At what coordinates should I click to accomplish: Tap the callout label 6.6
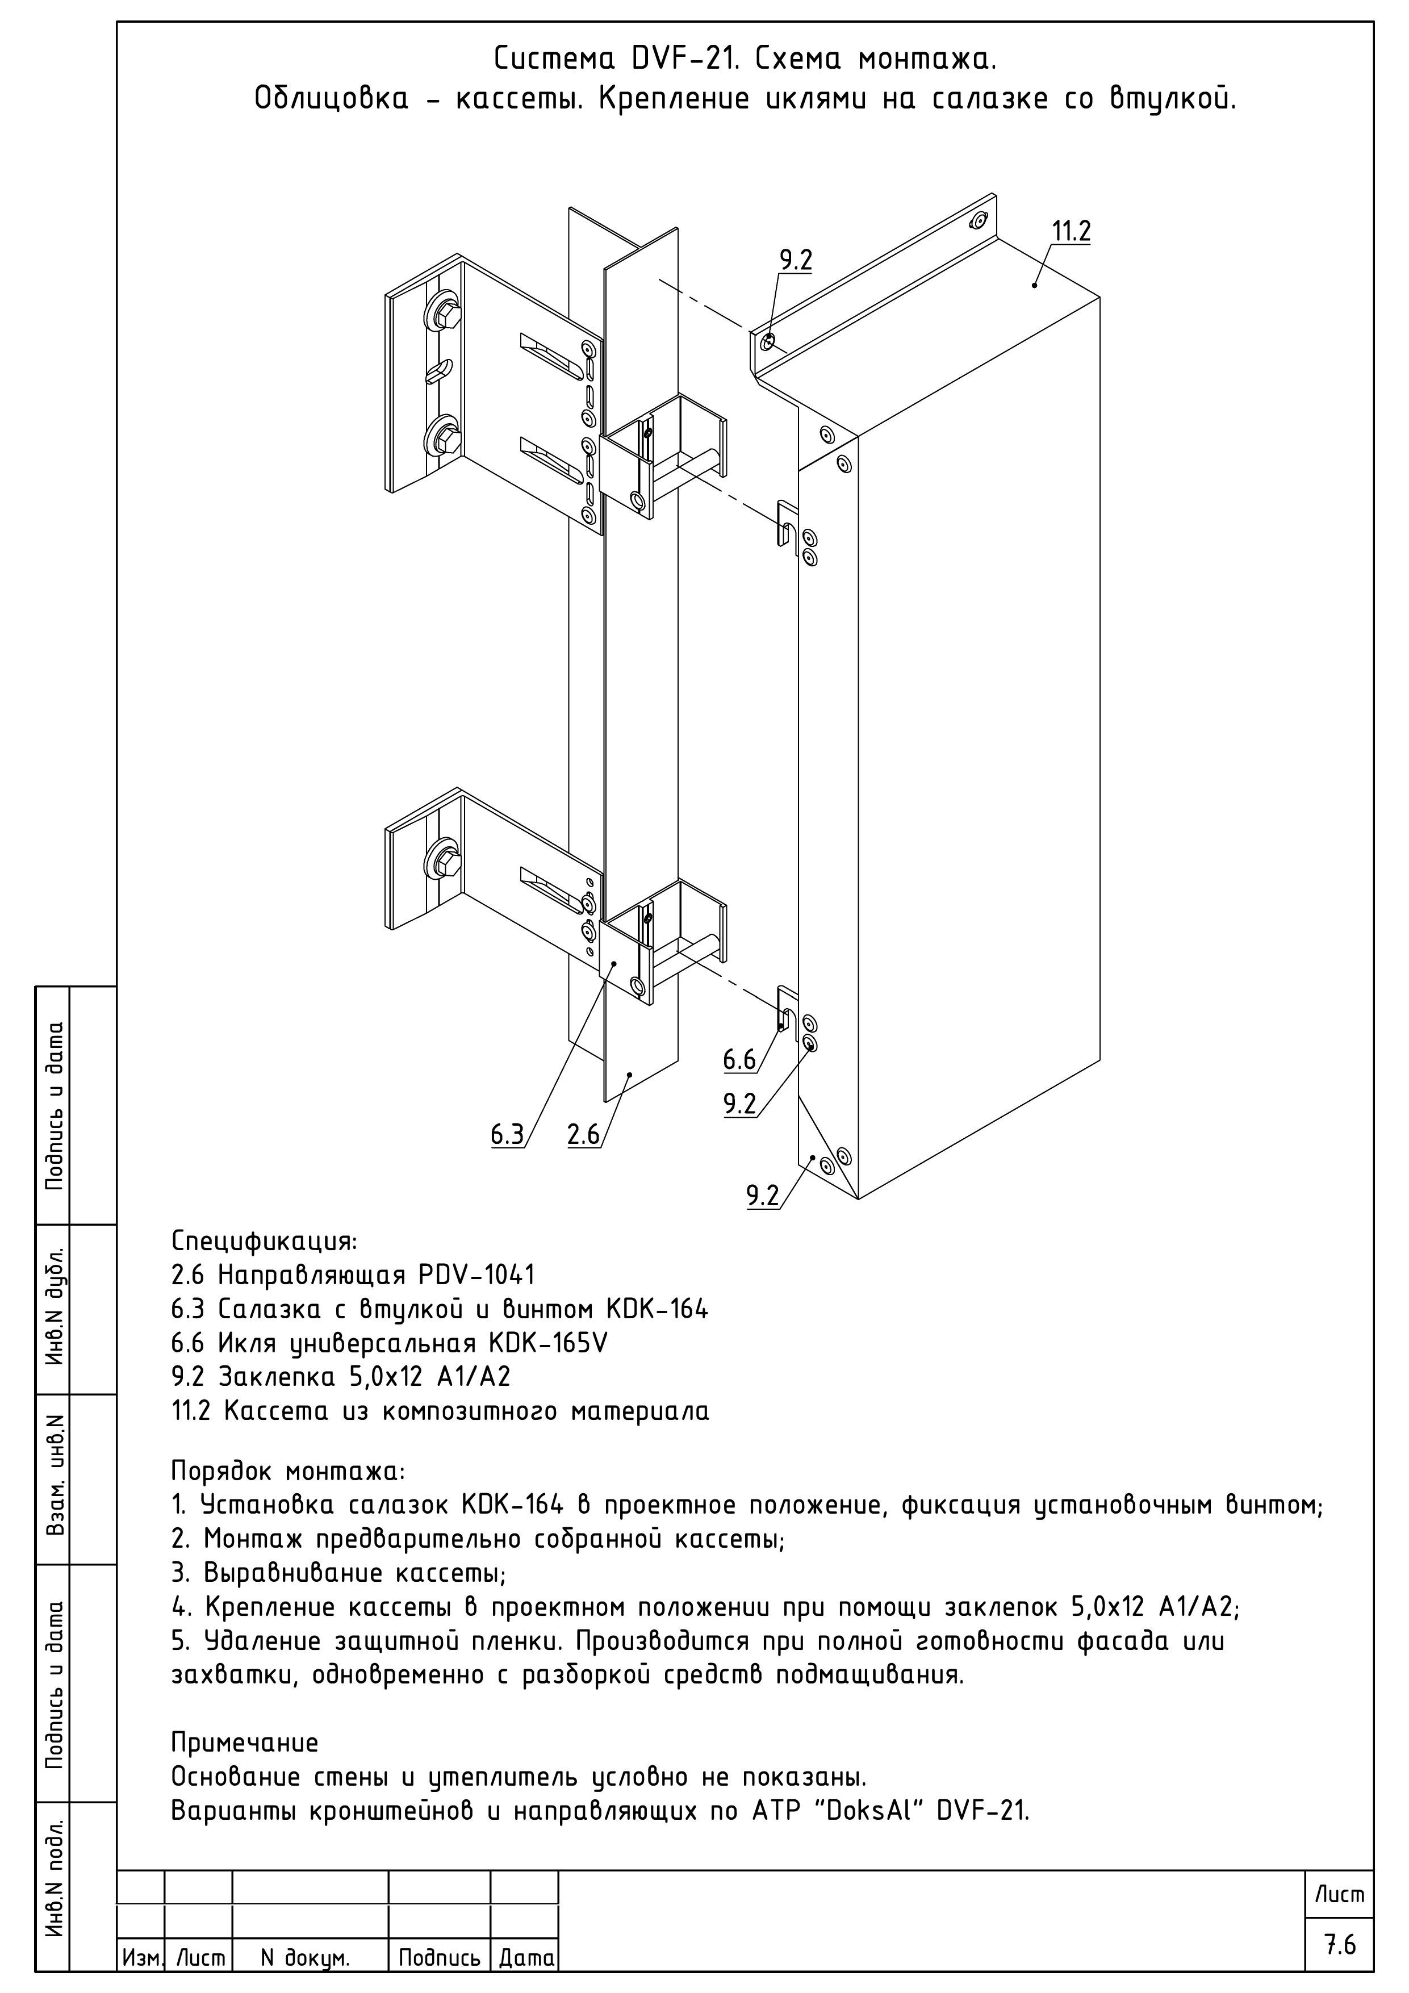[x=739, y=1059]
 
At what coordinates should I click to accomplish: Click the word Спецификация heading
[x=264, y=1241]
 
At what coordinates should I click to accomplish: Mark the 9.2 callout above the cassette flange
[x=795, y=260]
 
